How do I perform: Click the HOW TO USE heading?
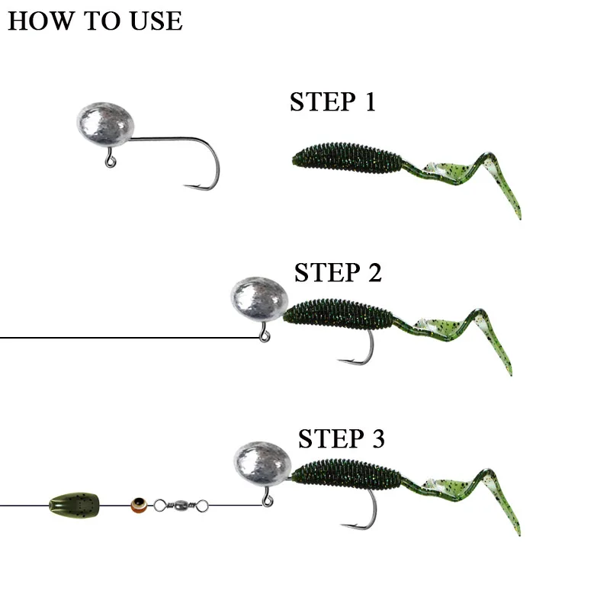point(95,21)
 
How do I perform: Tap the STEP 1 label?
point(333,102)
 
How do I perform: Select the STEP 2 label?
point(338,272)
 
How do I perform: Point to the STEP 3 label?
point(341,439)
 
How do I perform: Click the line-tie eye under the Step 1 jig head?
point(111,162)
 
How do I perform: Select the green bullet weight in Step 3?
point(75,504)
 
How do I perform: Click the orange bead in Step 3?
point(138,504)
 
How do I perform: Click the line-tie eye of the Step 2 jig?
point(265,336)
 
